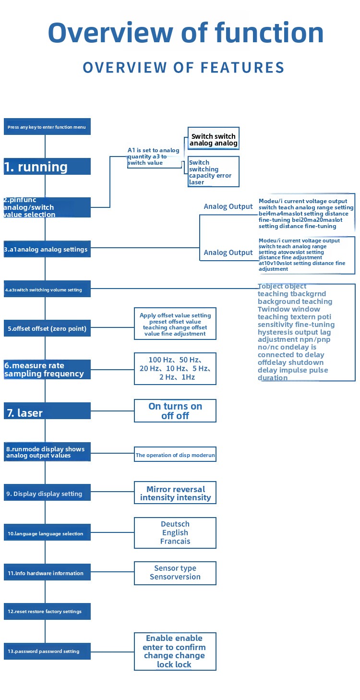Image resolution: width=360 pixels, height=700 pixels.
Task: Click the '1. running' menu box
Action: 47,166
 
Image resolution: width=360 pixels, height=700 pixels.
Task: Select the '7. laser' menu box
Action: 47,410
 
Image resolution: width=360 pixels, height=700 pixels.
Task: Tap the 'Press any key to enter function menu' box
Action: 47,127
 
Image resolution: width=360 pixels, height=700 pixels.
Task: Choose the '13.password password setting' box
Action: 47,651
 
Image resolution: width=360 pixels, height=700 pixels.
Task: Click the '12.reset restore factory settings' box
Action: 47,611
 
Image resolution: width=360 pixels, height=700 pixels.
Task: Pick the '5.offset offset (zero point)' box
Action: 47,328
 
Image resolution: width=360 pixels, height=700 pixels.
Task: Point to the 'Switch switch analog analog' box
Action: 214,138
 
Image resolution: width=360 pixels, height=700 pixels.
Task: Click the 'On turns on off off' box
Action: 175,410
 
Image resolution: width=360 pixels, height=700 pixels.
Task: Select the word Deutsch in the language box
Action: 175,524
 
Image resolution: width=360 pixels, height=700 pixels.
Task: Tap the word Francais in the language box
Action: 175,541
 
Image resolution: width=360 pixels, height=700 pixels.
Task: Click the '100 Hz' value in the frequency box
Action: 160,360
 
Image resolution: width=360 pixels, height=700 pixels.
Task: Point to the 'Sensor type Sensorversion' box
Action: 175,573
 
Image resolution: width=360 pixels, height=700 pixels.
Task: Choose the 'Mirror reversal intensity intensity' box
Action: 175,493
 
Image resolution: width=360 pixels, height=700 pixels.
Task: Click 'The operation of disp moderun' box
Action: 175,454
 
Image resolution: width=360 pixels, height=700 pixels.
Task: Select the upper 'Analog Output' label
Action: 228,206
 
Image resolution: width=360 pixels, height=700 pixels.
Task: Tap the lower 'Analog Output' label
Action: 228,253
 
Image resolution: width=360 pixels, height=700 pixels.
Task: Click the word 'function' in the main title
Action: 269,33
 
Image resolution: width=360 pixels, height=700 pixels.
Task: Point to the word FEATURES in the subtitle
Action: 242,68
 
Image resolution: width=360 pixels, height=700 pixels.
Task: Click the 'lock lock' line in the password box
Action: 174,664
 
